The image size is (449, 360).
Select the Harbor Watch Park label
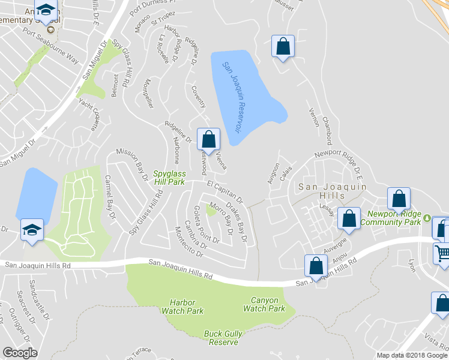tap(186, 307)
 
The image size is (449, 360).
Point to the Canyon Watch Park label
tap(264, 304)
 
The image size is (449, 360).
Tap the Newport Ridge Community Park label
tap(394, 217)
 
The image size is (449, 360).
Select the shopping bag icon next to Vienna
tap(208, 139)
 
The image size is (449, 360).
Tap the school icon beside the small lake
tap(32, 229)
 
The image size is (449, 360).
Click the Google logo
tap(20, 352)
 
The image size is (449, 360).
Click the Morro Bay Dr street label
tap(221, 220)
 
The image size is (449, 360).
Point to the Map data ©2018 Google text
tap(411, 355)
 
